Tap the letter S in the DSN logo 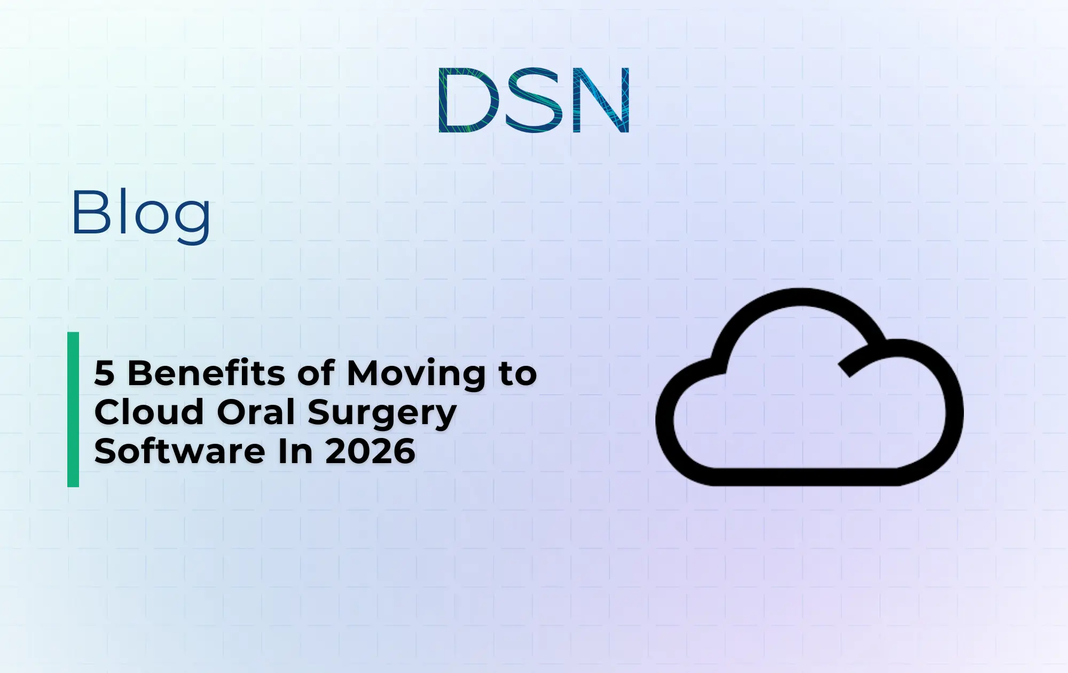535,100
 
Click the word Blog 141,214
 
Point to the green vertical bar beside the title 73,409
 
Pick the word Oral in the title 256,412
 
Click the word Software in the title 179,451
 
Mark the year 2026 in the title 370,451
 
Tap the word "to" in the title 518,374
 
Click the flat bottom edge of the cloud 801,476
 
